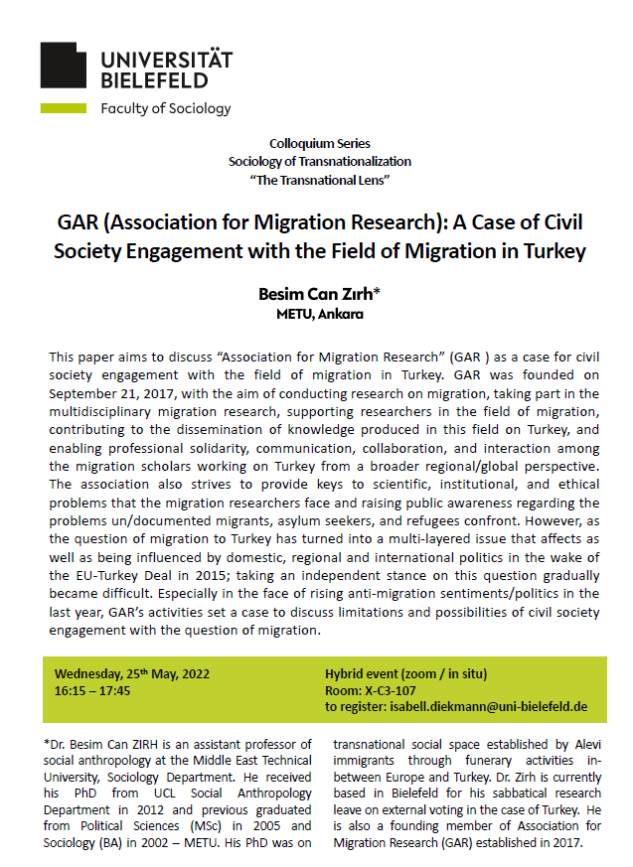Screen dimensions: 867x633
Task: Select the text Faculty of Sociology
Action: point(165,108)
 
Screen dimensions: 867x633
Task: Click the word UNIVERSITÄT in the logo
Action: point(166,59)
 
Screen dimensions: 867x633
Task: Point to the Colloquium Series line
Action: point(319,144)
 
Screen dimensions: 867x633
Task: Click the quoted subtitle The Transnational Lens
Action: point(319,178)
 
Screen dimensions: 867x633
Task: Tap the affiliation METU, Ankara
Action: point(319,315)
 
